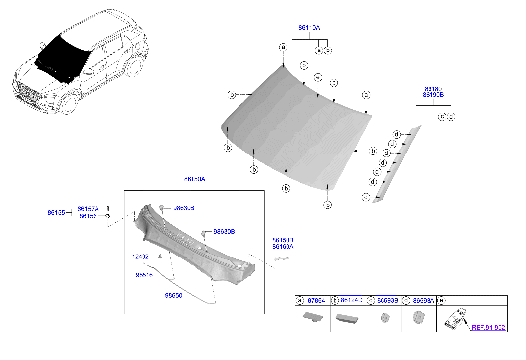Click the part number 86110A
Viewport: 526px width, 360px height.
(309, 28)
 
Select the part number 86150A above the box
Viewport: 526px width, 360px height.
(194, 179)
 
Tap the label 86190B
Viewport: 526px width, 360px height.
(433, 95)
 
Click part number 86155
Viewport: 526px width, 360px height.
(56, 212)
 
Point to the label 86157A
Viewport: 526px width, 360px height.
(88, 209)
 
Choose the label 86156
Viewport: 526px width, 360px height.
(88, 216)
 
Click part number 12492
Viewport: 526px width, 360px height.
(140, 257)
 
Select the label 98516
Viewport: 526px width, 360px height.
(144, 275)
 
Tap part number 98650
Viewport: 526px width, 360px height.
(173, 295)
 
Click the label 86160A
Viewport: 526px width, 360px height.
(283, 247)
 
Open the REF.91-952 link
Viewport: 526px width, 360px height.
(488, 327)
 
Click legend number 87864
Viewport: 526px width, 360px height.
(316, 300)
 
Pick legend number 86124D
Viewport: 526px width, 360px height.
(351, 300)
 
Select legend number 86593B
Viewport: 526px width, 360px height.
(387, 300)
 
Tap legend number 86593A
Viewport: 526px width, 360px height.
(424, 300)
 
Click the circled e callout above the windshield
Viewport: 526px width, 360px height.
(318, 78)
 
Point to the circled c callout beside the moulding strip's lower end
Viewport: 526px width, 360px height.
(366, 197)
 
